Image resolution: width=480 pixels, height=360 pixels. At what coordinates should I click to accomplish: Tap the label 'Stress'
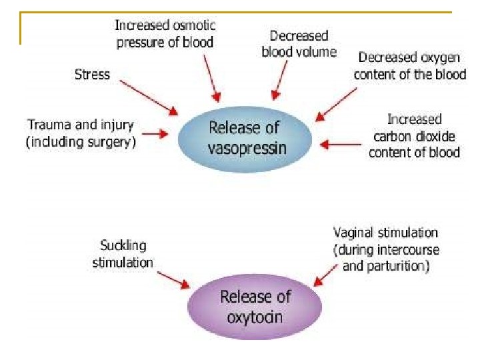coord(92,73)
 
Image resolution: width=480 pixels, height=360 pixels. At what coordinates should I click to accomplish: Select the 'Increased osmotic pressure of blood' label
coord(165,34)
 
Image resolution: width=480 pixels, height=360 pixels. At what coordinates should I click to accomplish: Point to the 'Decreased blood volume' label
coord(299,43)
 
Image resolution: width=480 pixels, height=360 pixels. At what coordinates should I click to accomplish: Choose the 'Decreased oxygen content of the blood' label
coord(409,66)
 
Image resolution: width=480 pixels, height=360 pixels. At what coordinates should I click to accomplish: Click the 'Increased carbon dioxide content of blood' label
coord(414,135)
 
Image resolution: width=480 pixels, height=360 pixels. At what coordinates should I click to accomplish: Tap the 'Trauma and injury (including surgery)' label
coord(81,133)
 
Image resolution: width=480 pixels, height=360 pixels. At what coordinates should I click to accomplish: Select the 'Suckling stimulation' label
coord(123,254)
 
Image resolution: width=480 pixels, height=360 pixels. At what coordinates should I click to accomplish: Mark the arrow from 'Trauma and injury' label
coord(155,133)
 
